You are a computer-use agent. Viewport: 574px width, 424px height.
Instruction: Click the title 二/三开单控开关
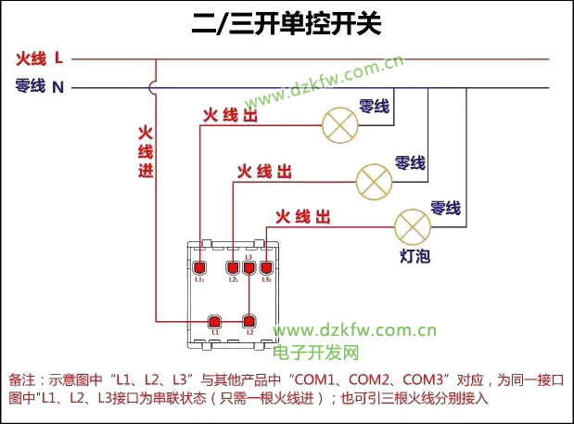click(x=286, y=23)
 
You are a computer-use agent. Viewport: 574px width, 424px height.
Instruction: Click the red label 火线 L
click(x=40, y=58)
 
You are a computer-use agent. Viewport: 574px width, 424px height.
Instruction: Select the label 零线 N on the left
click(x=40, y=87)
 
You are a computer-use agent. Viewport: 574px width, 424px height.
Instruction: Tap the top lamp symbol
click(x=338, y=126)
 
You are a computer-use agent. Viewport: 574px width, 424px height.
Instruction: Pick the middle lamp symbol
click(x=375, y=178)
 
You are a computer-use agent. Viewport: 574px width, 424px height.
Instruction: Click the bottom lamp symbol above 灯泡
click(x=412, y=226)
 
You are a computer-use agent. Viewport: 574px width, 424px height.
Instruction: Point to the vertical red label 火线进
click(x=145, y=153)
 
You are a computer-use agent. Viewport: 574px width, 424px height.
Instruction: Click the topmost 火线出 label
click(x=230, y=116)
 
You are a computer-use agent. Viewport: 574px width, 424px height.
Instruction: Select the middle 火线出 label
click(x=264, y=172)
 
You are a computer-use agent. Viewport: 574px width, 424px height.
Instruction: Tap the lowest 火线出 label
click(x=302, y=217)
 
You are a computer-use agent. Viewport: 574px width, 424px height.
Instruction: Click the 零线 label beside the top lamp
click(x=374, y=108)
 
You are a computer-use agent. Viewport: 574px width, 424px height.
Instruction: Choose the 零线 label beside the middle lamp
click(x=410, y=163)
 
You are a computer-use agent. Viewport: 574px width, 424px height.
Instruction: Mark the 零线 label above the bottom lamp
click(x=445, y=208)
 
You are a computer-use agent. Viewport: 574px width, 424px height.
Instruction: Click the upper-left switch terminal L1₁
click(x=198, y=269)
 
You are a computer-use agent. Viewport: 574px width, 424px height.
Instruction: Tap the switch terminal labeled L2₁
click(x=234, y=269)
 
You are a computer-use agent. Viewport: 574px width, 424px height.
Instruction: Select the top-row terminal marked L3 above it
click(x=249, y=268)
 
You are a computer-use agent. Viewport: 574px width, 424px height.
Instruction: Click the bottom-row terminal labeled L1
click(x=215, y=320)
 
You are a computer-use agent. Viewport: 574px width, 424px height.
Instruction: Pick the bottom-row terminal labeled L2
click(x=249, y=320)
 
